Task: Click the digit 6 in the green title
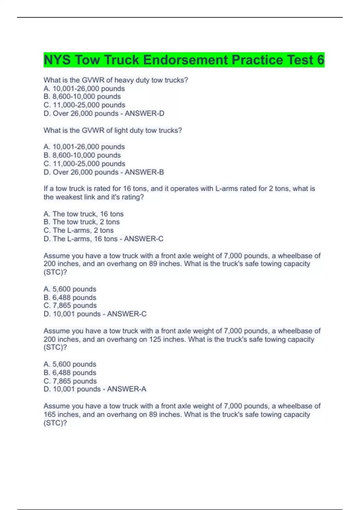pyautogui.click(x=320, y=60)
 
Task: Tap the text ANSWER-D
pyautogui.click(x=144, y=113)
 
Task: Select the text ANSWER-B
pyautogui.click(x=144, y=172)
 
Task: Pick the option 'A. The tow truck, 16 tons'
pyautogui.click(x=83, y=214)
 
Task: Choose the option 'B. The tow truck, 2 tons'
pyautogui.click(x=82, y=222)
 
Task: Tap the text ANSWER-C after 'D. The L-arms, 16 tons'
pyautogui.click(x=144, y=239)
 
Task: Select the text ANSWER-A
pyautogui.click(x=127, y=389)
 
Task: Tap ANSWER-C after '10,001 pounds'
pyautogui.click(x=127, y=314)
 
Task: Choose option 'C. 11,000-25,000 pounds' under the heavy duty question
pyautogui.click(x=84, y=105)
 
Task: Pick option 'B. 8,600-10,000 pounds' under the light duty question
pyautogui.click(x=82, y=155)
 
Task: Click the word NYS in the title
pyautogui.click(x=57, y=60)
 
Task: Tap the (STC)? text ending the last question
pyautogui.click(x=55, y=423)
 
